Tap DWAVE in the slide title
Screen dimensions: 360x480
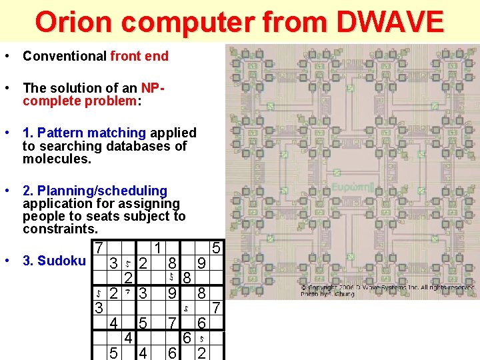390,21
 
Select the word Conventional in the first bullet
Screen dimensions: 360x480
65,56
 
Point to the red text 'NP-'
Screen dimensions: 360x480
153,88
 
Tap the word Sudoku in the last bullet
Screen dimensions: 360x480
63,261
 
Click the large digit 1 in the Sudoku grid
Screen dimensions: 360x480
157,247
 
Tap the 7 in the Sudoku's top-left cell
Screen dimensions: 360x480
98,247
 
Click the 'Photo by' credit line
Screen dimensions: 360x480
326,293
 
